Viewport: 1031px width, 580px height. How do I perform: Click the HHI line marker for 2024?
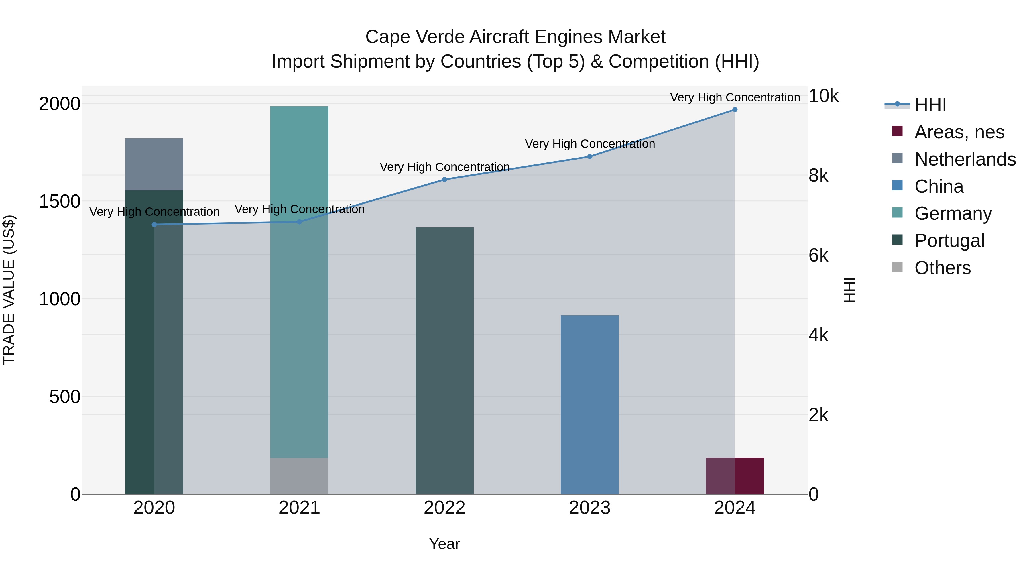[735, 110]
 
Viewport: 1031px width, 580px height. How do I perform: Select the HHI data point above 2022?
[444, 180]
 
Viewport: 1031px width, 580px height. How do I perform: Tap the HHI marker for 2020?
[154, 225]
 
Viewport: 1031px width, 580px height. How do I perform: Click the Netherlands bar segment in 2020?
[154, 164]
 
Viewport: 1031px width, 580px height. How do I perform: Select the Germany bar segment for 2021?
[299, 280]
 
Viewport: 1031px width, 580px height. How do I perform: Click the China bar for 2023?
[590, 404]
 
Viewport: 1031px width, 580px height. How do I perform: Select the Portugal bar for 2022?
[444, 360]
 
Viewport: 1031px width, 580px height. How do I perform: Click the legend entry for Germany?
[953, 213]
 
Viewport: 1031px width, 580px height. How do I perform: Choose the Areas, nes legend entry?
[959, 132]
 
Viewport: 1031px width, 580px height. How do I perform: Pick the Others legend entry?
[942, 268]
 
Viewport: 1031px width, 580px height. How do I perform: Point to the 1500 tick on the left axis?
[59, 201]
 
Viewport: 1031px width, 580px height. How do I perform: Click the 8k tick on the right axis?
[818, 176]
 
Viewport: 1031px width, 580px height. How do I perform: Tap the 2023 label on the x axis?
[590, 508]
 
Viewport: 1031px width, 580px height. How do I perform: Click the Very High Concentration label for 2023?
[590, 144]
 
